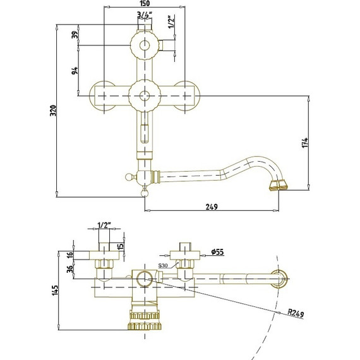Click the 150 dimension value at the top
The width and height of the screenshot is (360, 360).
pos(145,3)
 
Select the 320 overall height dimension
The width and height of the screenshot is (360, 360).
pos(53,111)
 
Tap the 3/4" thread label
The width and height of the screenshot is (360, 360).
pos(145,15)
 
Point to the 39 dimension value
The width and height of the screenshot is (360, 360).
pos(75,35)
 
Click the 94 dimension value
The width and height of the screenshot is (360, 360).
pos(75,71)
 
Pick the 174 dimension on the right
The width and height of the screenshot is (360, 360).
pos(305,143)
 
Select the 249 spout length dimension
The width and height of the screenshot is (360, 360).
pos(212,207)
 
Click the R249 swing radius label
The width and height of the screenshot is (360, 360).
pos(296,313)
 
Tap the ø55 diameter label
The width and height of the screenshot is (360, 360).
pos(217,252)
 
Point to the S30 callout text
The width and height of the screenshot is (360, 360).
pos(163,266)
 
